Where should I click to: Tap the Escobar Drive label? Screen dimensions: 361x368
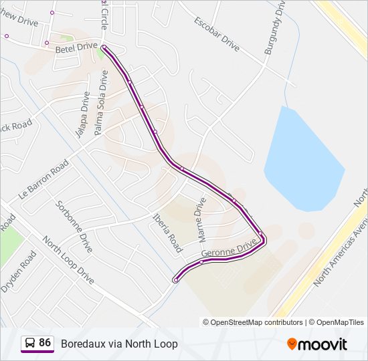tap(216, 33)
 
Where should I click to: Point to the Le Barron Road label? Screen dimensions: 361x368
tap(44, 180)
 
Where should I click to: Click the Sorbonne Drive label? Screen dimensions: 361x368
tap(74, 221)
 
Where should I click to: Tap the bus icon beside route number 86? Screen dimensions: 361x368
tap(30, 343)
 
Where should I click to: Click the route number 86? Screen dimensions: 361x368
tap(45, 343)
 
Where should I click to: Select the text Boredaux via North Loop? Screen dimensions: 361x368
tap(119, 344)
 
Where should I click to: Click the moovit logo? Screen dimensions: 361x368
tap(317, 344)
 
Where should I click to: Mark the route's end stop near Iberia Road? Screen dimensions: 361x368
tap(175, 280)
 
